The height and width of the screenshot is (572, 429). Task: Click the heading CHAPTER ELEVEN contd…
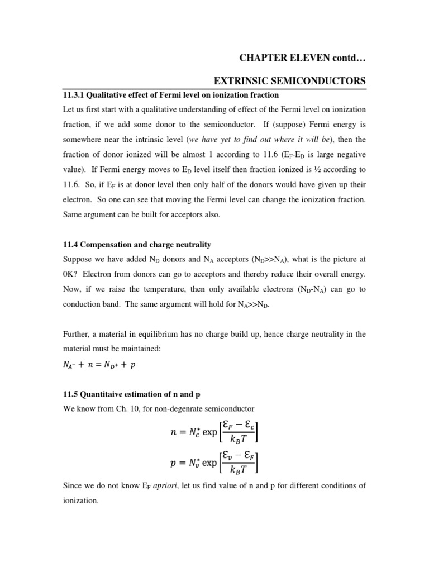302,58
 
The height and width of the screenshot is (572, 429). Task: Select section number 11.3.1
75,95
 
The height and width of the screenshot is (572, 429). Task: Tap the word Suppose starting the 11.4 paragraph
77,260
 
